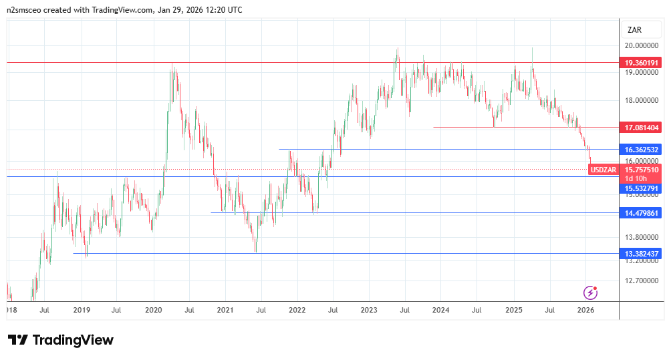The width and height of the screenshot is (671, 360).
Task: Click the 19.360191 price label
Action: (641, 63)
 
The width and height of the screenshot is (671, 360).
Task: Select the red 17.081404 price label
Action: (641, 127)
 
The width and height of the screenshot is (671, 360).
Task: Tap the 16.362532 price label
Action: (641, 150)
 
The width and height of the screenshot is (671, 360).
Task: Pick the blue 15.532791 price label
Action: (641, 189)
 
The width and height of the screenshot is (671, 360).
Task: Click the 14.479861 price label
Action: (641, 213)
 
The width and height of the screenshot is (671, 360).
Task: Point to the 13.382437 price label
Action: (641, 254)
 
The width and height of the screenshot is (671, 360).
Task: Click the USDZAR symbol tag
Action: (603, 170)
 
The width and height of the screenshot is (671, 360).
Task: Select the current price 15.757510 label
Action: (641, 170)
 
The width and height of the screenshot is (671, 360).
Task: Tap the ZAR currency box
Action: (635, 29)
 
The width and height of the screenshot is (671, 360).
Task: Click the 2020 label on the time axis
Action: (154, 310)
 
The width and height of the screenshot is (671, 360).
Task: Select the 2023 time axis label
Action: (369, 310)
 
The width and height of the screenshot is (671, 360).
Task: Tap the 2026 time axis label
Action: (585, 310)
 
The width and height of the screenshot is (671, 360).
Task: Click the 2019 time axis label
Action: (82, 310)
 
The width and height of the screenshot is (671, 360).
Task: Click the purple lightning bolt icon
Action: (590, 292)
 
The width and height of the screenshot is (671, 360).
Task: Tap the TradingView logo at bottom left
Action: (61, 340)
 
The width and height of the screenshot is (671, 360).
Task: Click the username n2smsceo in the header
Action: (26, 10)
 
